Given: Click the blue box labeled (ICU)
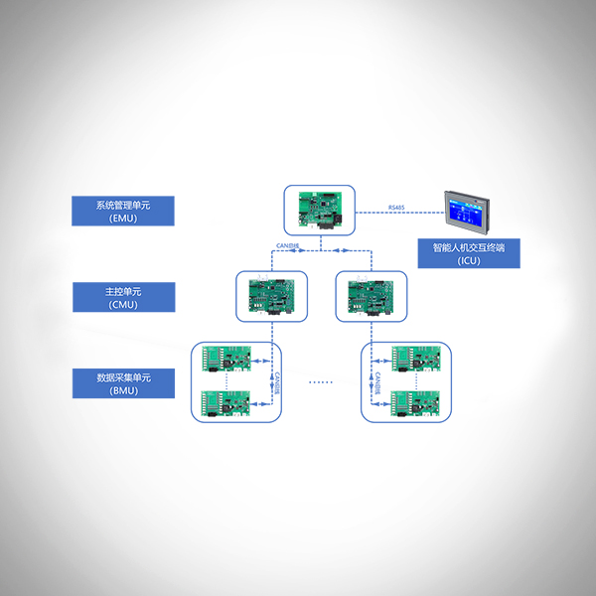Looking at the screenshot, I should coord(468,253).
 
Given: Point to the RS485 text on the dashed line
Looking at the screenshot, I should coord(396,208).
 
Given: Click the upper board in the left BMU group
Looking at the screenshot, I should coord(227,359).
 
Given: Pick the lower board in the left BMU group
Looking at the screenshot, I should coord(227,402).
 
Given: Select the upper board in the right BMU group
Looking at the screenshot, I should coord(413,359).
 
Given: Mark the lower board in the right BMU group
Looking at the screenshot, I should coord(413,402).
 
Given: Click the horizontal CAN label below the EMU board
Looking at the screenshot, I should coord(288,244).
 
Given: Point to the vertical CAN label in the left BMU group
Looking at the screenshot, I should coord(277,381).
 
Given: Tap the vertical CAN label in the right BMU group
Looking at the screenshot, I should coord(377,381).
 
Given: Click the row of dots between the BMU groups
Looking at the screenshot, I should coord(320,381).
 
